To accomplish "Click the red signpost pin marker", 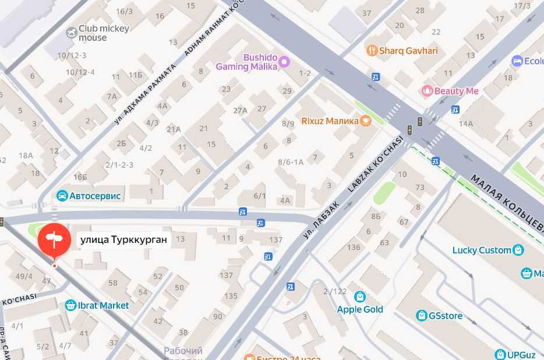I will coord(54,239).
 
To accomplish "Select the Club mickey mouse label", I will coord(97,33).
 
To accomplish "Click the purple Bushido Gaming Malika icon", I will coord(284,61).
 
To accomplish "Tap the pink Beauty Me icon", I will coord(428,91).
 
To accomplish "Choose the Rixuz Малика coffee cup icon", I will coord(365,121).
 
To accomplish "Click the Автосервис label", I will coord(94,196).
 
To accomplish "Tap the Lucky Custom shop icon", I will coord(518,250).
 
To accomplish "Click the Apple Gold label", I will coord(360,309).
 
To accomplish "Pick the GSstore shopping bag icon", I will coord(421,316).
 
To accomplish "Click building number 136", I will coord(354,247).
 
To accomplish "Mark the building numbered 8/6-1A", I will coord(291,162).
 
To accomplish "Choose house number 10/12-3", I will coord(71,55).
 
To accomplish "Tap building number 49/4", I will coord(24,276).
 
